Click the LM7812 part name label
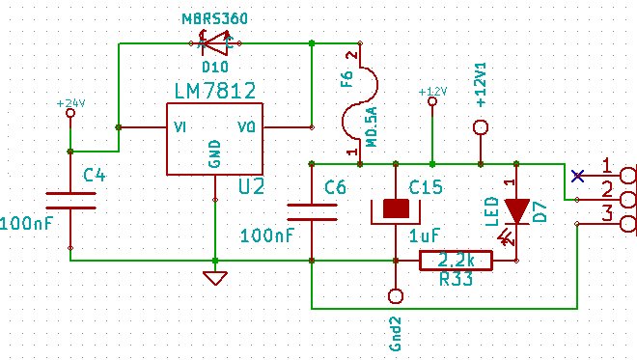(215, 91)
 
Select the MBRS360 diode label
(214, 18)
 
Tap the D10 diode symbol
(215, 43)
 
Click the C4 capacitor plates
(70, 201)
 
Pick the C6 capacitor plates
(312, 212)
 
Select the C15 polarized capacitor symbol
(396, 211)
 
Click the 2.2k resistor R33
(456, 261)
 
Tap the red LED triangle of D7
(516, 210)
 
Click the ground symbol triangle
(215, 278)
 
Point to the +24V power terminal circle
(70, 113)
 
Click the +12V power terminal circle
(432, 101)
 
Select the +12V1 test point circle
(481, 127)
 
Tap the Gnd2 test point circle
(396, 296)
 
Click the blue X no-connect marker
(577, 176)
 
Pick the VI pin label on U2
(180, 127)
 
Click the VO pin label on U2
(246, 127)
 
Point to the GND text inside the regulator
(214, 153)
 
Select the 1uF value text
(425, 235)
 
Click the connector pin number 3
(607, 213)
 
